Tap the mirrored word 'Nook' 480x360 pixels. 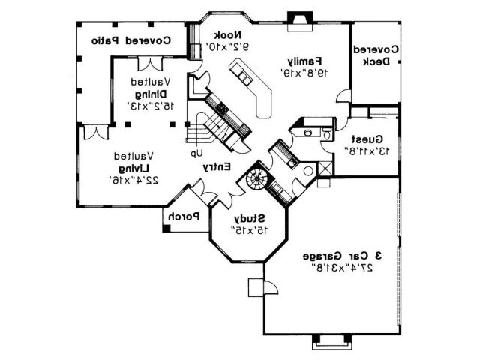point(226,34)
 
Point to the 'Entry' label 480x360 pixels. point(217,167)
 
